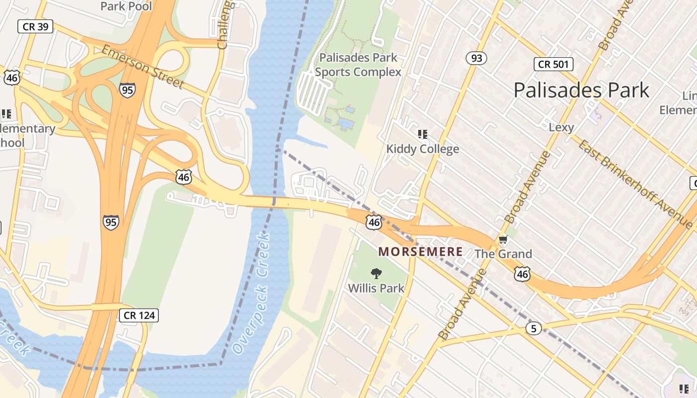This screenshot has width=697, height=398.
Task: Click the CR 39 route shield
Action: pos(35,26)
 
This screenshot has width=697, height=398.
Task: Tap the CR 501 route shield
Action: pos(554,64)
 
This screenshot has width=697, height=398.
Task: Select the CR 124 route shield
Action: pos(139,315)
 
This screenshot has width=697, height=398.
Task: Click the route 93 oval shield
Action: pos(476,58)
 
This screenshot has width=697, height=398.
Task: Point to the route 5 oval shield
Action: pos(533,328)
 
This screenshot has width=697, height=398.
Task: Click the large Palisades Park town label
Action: pos(581,90)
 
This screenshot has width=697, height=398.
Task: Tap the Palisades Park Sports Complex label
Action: pos(358,65)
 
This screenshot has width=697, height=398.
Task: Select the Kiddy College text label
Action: pos(423,149)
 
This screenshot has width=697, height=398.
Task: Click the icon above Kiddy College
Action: pos(423,134)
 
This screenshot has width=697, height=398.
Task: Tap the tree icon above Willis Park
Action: pos(376,273)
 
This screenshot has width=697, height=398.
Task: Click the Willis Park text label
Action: pos(376,288)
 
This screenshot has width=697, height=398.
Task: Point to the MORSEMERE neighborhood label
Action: pos(421,252)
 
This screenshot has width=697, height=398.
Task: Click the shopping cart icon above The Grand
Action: pos(503,240)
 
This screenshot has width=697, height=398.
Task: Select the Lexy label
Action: pos(561,127)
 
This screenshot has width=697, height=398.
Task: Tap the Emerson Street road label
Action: pos(143,67)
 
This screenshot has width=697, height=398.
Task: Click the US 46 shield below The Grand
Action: pos(522,274)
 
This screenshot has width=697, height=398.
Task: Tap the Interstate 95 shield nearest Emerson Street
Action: pos(127,90)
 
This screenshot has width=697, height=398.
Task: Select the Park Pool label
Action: pos(126,6)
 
